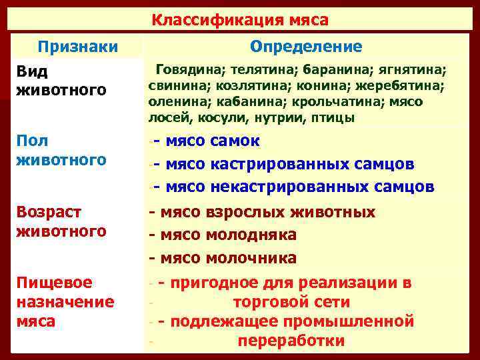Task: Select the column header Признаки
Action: point(78,47)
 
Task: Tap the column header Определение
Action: point(307,47)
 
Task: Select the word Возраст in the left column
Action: point(49,212)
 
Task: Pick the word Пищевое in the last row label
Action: point(55,283)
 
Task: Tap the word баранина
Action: point(332,69)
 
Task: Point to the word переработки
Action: point(291,342)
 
